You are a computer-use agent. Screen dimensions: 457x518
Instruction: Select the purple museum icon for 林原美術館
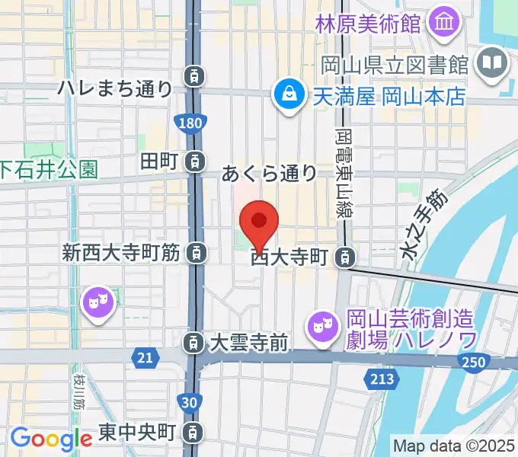tap(442, 23)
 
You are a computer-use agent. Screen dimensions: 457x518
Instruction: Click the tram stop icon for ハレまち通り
tap(196, 75)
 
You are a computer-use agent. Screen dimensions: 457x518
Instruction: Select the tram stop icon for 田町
tap(196, 161)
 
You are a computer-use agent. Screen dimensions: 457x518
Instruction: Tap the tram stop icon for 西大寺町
tap(347, 258)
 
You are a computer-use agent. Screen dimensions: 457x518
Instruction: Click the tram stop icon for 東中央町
tap(195, 433)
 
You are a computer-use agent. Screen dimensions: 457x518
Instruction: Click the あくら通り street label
tap(269, 174)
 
